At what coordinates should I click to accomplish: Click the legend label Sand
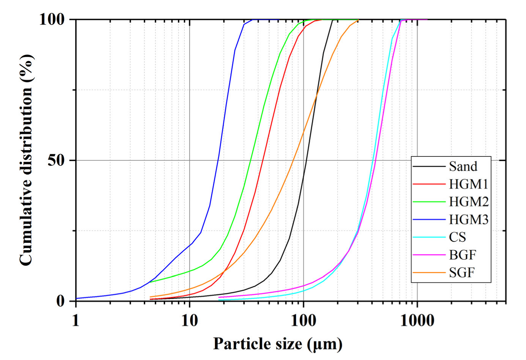tap(463, 166)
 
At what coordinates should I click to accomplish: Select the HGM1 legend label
tap(468, 184)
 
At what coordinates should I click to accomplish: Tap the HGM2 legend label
tap(468, 202)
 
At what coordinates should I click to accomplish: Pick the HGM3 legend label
tap(468, 219)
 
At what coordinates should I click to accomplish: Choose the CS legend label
tap(457, 237)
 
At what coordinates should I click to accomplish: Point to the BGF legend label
tap(462, 255)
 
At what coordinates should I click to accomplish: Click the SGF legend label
tap(462, 272)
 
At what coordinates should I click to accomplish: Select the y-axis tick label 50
tap(56, 160)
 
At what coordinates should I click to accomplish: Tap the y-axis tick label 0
tap(61, 301)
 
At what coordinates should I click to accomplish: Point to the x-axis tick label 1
tap(76, 321)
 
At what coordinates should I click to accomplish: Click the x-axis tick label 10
tap(189, 321)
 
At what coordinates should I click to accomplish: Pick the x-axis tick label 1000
tap(417, 321)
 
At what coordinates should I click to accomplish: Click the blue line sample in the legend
tap(429, 219)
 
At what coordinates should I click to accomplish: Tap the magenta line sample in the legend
tap(429, 255)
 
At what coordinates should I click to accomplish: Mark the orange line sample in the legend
tap(429, 272)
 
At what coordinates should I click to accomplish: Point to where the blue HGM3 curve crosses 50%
tap(218, 160)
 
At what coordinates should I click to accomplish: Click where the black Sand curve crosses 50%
tap(305, 160)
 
